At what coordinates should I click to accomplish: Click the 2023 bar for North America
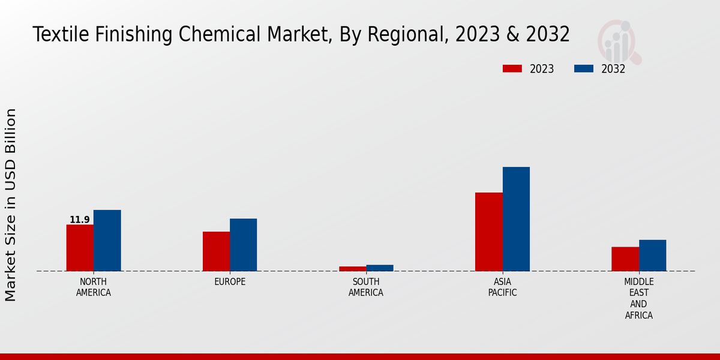(80, 248)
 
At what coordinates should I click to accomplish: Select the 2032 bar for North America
(107, 241)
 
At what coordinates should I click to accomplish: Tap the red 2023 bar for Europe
(216, 251)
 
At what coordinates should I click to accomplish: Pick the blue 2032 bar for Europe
(244, 245)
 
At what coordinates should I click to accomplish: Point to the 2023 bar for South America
(352, 269)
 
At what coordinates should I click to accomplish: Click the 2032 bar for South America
(380, 268)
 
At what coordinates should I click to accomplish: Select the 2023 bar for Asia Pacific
(488, 232)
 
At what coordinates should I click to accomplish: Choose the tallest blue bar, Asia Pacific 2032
(516, 219)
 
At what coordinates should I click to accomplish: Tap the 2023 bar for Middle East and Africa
(625, 259)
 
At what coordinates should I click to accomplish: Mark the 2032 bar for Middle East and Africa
(653, 256)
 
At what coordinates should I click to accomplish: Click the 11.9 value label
(79, 220)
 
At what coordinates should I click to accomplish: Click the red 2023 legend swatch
(512, 69)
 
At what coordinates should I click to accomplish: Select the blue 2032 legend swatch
(583, 69)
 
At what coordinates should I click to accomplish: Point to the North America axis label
(94, 287)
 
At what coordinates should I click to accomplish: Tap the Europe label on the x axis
(230, 282)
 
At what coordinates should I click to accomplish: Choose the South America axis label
(366, 287)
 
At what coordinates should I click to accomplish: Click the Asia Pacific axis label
(502, 287)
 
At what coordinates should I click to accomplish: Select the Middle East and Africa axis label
(639, 298)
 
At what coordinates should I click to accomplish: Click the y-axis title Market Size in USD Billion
(11, 205)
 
